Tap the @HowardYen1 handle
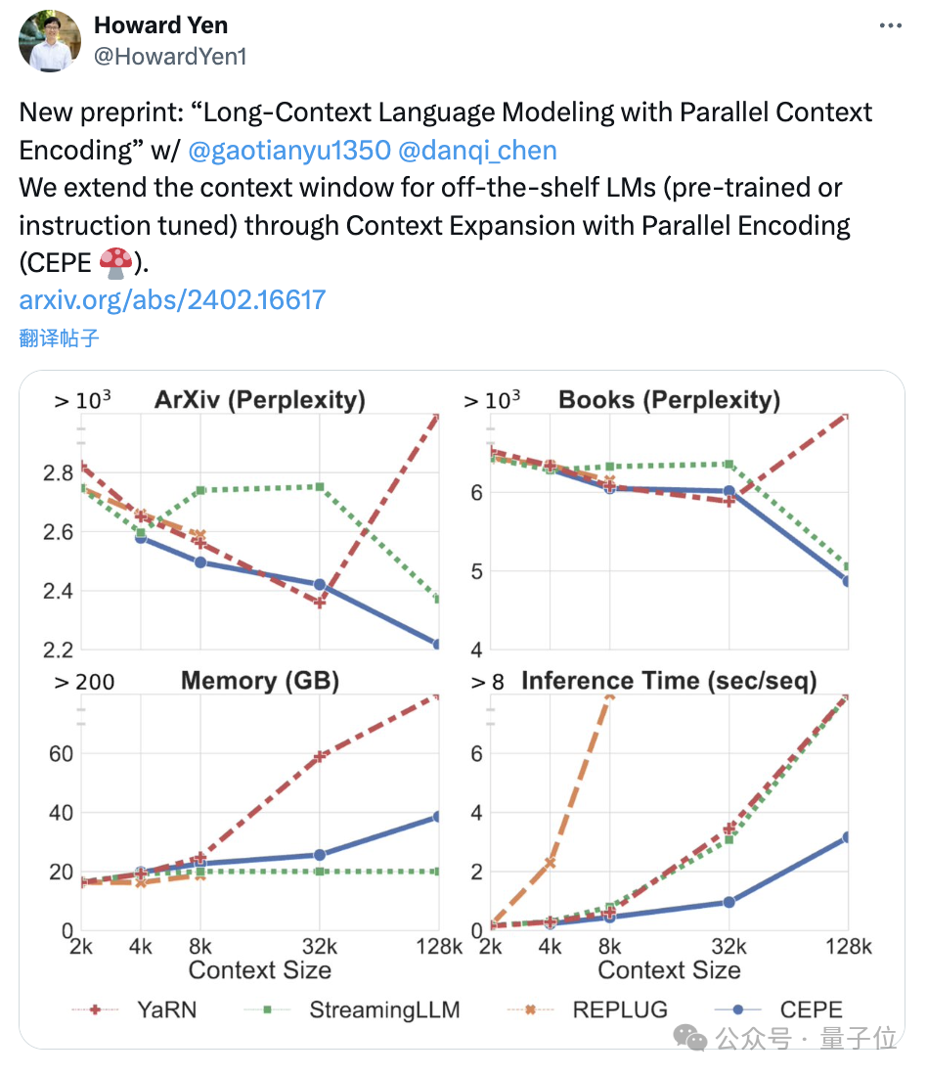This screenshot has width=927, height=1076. (170, 57)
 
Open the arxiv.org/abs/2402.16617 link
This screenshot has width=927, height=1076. (172, 299)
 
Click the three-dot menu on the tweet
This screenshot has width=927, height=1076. (888, 26)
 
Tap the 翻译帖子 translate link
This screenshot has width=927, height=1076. (59, 338)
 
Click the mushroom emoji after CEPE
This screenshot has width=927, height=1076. (116, 262)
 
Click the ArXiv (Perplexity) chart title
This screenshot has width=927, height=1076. (259, 400)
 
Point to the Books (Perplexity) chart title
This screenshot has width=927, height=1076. (669, 400)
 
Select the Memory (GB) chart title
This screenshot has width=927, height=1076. (259, 681)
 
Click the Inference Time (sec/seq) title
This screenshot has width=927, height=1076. (669, 681)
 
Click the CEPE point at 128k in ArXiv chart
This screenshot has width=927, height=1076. (437, 645)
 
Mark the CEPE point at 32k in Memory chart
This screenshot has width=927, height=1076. (319, 855)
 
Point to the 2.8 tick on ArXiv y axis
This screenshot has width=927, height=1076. (58, 473)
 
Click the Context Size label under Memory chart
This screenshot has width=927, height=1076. (259, 970)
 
